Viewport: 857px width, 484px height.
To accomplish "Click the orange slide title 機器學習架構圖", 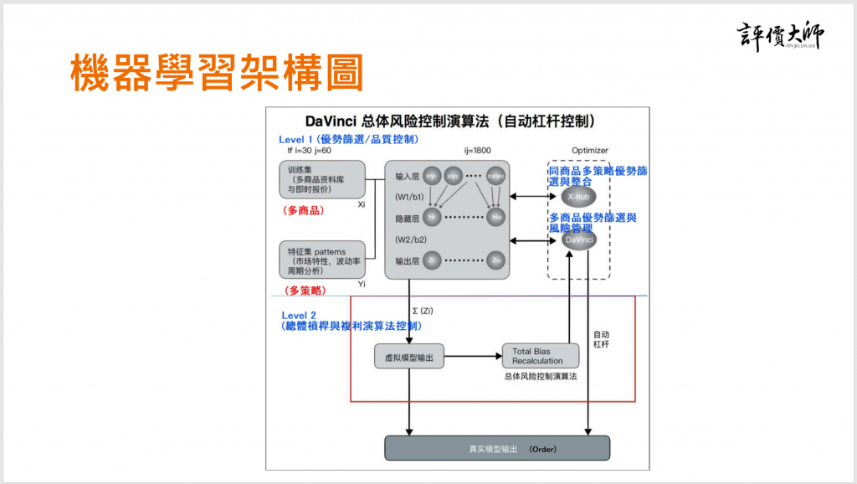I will (216, 74).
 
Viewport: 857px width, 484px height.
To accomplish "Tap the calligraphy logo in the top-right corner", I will (781, 34).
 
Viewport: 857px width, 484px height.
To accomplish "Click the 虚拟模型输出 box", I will (408, 356).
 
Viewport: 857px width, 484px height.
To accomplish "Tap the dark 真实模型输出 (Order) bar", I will (496, 448).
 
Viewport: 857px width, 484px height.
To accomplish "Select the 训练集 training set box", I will (322, 180).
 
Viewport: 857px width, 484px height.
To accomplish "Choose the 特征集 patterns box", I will (322, 260).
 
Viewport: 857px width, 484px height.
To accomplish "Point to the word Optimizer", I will (590, 151).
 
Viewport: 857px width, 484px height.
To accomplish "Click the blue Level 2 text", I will (299, 316).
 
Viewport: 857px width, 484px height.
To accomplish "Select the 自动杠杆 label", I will (601, 338).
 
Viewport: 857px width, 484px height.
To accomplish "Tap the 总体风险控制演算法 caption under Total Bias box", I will (541, 377).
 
